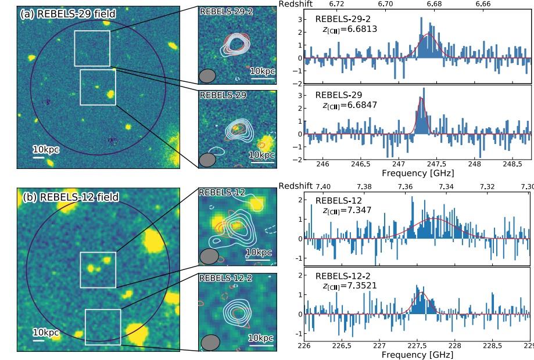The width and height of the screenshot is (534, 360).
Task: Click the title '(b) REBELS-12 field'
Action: [x=70, y=197]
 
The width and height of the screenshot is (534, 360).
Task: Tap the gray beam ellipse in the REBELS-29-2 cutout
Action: [x=207, y=75]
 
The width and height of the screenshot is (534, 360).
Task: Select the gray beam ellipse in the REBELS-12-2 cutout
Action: [x=210, y=343]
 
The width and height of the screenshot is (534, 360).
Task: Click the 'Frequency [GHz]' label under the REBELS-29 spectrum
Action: [x=417, y=173]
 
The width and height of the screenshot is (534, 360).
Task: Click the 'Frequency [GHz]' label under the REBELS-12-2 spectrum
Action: [x=417, y=354]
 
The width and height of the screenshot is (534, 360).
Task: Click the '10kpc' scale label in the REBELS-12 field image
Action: [x=46, y=332]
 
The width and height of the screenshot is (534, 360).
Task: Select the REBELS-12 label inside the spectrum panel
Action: [x=338, y=200]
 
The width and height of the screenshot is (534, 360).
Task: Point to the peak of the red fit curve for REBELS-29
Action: [x=421, y=98]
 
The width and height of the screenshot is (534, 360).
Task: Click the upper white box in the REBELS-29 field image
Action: [x=92, y=48]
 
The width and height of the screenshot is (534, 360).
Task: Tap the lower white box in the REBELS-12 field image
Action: [x=103, y=327]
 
